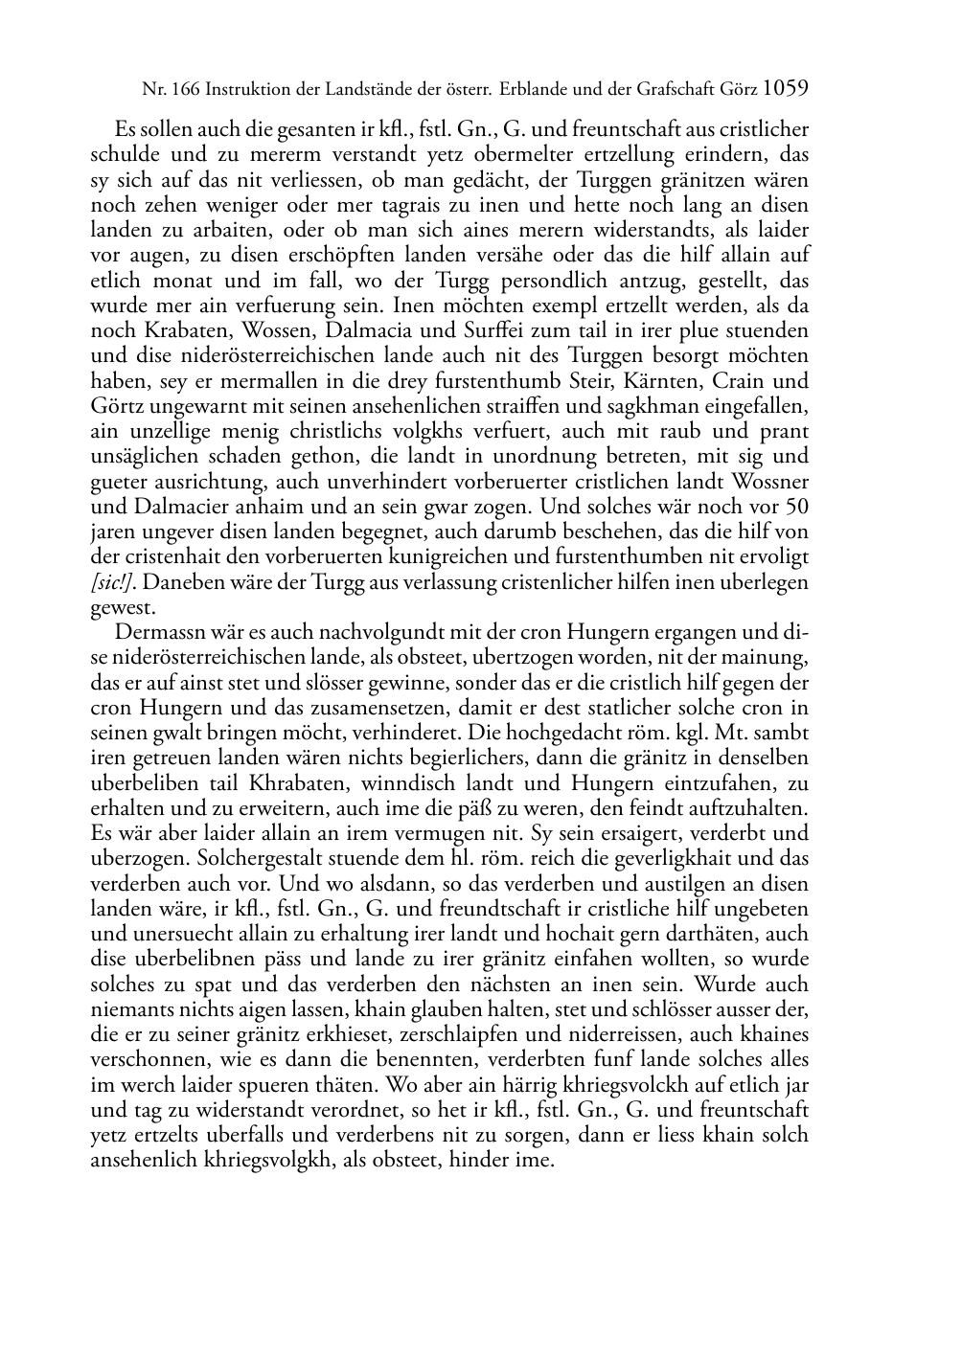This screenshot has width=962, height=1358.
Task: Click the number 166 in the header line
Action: coord(182,91)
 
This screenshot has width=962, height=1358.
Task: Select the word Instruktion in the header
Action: coord(244,91)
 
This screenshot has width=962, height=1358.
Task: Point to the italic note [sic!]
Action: coord(111,582)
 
